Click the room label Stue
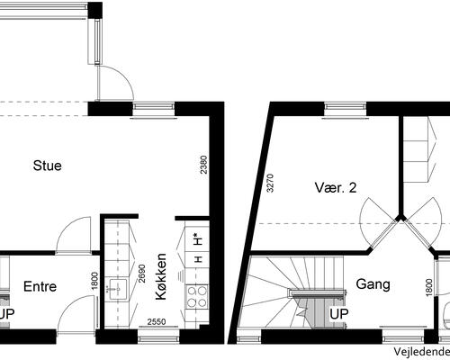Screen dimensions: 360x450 [x=48, y=165]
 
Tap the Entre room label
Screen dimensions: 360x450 [x=40, y=287]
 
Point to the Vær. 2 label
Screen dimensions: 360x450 [x=336, y=188]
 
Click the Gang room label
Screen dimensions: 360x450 [x=373, y=284]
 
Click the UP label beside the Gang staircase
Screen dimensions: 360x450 [x=338, y=314]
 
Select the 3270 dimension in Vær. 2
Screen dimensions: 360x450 [x=269, y=184]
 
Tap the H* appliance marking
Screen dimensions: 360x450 [x=197, y=239]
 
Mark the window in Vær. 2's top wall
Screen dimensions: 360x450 [x=339, y=108]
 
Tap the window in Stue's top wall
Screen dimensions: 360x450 [x=147, y=108]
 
